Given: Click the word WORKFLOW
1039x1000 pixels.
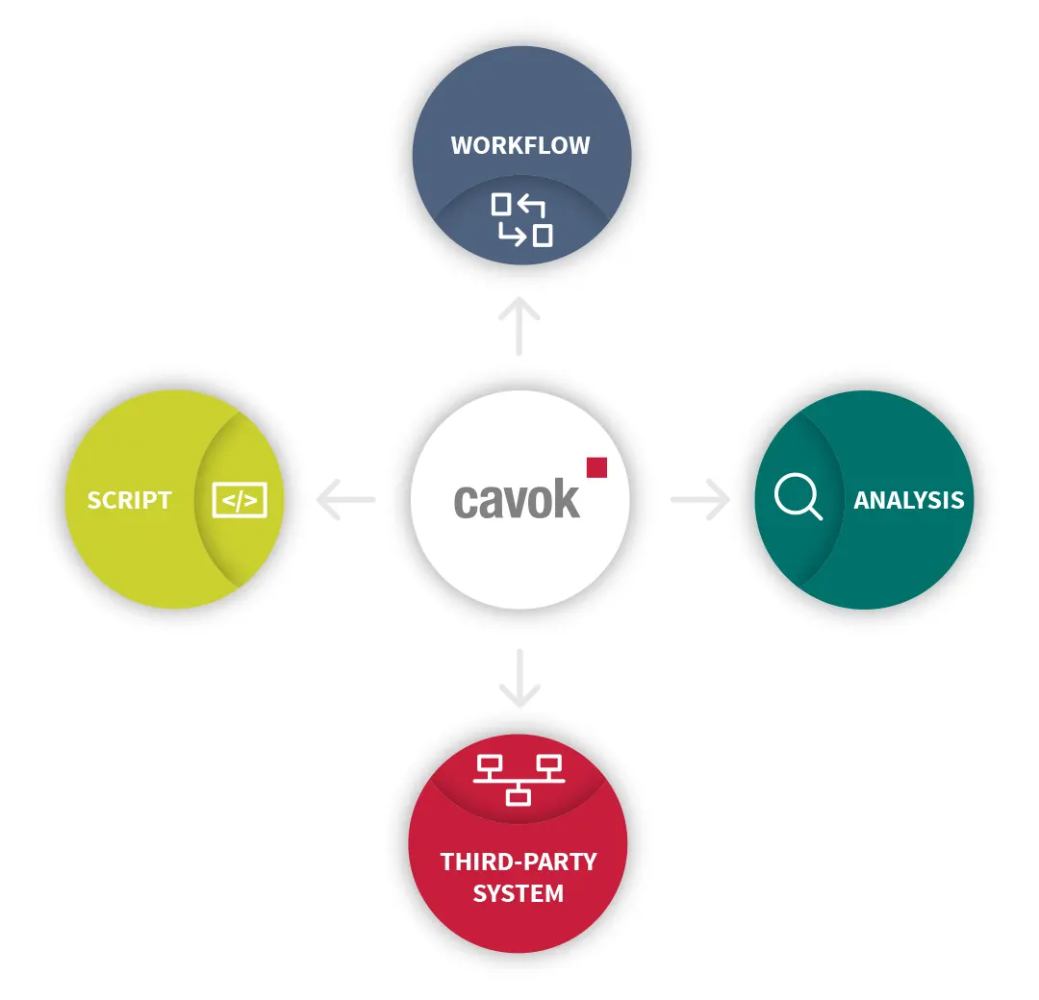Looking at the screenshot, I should point(520,146).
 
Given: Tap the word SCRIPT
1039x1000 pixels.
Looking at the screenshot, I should point(129,500).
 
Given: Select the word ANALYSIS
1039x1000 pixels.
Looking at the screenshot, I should point(908,500).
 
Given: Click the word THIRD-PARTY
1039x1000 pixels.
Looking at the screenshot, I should point(519,862).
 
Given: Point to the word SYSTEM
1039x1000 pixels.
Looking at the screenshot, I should point(519,893).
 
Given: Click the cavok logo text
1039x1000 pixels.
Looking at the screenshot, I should point(518,500).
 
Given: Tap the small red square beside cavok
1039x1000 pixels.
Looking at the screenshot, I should point(596,467).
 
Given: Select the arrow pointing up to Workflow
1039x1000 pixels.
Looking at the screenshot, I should point(520,325).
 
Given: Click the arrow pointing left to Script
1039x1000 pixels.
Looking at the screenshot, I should point(344,500).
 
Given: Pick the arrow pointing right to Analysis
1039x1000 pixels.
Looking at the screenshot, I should point(700,500).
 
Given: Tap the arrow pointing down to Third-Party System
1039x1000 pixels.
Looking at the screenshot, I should point(520,679).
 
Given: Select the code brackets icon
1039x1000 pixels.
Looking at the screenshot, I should point(240,500).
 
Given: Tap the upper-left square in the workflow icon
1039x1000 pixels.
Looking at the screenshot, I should point(501,204).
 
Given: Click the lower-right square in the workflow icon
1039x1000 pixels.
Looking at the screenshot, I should point(543,235).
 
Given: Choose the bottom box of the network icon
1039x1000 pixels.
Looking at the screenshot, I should point(519,795).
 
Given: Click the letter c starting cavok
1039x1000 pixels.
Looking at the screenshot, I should point(465,502).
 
